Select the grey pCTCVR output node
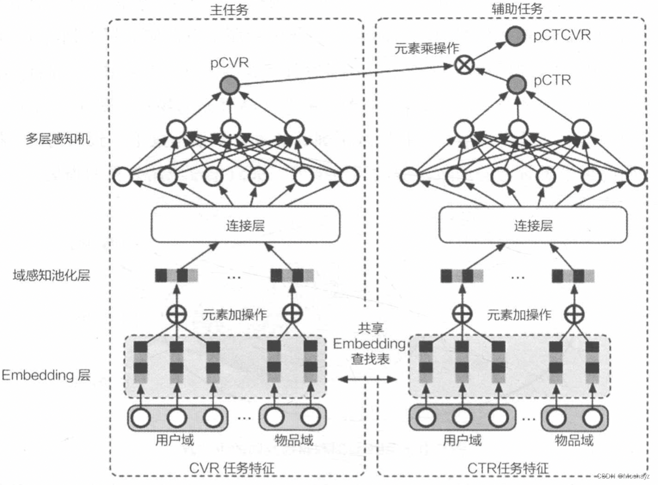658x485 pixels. pos(515,36)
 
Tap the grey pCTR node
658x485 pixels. pos(515,84)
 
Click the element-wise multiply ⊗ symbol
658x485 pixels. pos(465,66)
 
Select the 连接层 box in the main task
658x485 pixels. pos(245,225)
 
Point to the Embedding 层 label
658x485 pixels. pos(46,375)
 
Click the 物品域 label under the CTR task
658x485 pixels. pos(574,439)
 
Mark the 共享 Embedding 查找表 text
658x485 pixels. pos(369,343)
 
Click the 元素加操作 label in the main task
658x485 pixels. pos(235,315)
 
